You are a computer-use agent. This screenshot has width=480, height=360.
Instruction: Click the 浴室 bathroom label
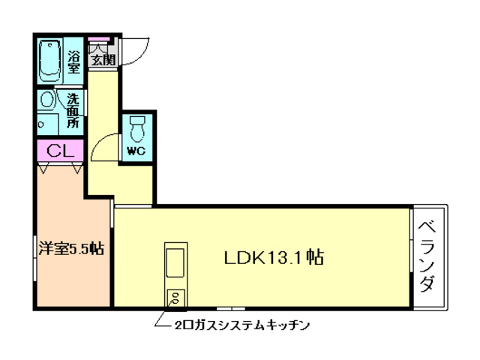tap(74, 61)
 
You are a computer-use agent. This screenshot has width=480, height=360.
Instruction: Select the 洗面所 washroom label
tap(73, 109)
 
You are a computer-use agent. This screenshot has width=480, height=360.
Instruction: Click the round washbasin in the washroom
tap(46, 100)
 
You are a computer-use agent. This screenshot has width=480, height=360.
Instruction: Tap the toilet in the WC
tap(136, 129)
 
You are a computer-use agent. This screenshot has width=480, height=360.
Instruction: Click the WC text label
tap(136, 151)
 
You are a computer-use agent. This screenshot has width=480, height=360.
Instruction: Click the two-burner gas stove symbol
tap(175, 298)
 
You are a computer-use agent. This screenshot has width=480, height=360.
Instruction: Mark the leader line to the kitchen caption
tap(160, 319)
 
